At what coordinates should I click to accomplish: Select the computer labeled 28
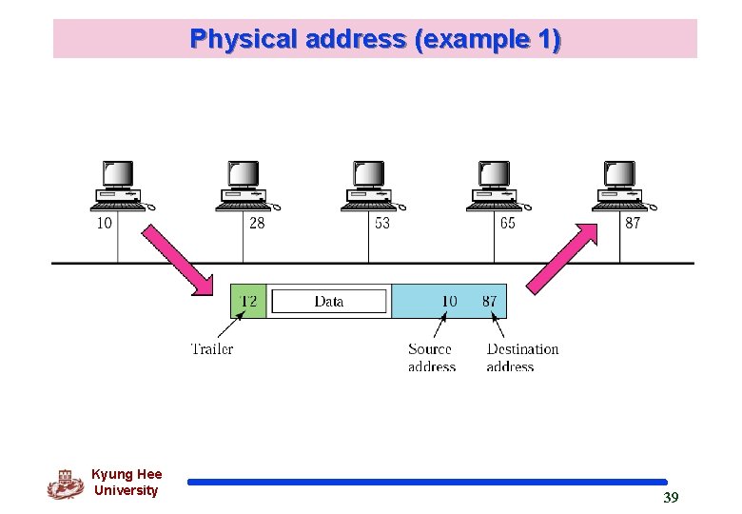pyautogui.click(x=244, y=187)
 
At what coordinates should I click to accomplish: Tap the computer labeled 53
pyautogui.click(x=370, y=187)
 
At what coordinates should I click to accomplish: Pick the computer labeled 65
pyautogui.click(x=496, y=187)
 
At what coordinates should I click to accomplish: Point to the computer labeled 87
pyautogui.click(x=621, y=187)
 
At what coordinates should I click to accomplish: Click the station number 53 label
pyautogui.click(x=381, y=223)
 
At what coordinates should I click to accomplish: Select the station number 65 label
pyautogui.click(x=507, y=223)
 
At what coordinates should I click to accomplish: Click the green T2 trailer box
pyautogui.click(x=248, y=302)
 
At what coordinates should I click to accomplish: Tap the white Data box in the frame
pyautogui.click(x=329, y=302)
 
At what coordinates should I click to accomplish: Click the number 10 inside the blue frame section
pyautogui.click(x=449, y=302)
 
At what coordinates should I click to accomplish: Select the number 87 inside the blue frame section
pyautogui.click(x=489, y=302)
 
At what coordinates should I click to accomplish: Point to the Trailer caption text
pyautogui.click(x=211, y=349)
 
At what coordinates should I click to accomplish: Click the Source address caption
pyautogui.click(x=431, y=358)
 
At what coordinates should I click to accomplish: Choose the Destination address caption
pyautogui.click(x=522, y=358)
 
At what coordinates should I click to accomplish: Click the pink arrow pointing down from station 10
pyautogui.click(x=179, y=259)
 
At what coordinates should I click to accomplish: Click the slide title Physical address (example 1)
pyautogui.click(x=375, y=39)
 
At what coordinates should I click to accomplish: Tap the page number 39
pyautogui.click(x=671, y=498)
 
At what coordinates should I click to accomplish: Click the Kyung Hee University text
pyautogui.click(x=127, y=483)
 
